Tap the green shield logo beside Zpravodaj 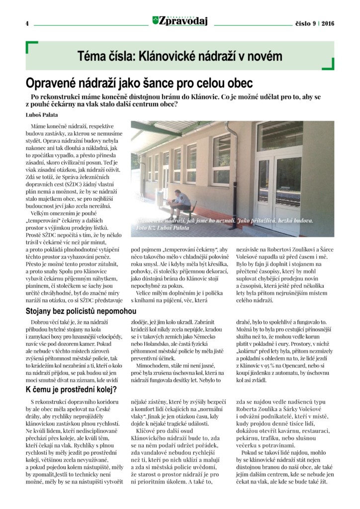tap(156, 20)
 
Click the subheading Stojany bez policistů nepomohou tap(81, 311)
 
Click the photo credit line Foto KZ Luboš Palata tap(162, 228)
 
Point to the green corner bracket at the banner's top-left tap(31, 47)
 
